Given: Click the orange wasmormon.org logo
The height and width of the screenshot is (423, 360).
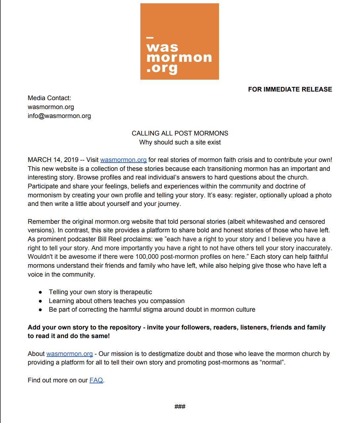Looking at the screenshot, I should [x=179, y=41].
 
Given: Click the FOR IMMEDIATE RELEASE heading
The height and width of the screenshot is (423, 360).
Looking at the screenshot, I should [x=290, y=89].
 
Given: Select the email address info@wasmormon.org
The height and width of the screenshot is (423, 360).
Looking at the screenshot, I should [x=59, y=116].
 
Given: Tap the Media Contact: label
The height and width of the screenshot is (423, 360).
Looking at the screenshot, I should [x=49, y=98].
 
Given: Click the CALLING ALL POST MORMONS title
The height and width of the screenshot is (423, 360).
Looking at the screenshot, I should [x=180, y=133].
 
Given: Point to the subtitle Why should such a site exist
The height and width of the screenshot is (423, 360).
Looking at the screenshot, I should [x=180, y=142].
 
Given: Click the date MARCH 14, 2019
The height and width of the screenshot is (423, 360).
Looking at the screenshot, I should [x=53, y=160].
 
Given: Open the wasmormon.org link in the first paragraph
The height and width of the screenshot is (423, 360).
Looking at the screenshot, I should [x=123, y=160].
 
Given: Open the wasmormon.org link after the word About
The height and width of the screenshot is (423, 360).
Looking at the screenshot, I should [x=69, y=354].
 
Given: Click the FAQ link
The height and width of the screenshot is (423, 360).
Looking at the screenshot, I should [x=96, y=380].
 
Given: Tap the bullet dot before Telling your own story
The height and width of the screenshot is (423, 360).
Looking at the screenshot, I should [x=40, y=292].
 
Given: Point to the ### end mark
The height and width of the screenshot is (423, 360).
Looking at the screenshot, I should [x=180, y=407].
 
